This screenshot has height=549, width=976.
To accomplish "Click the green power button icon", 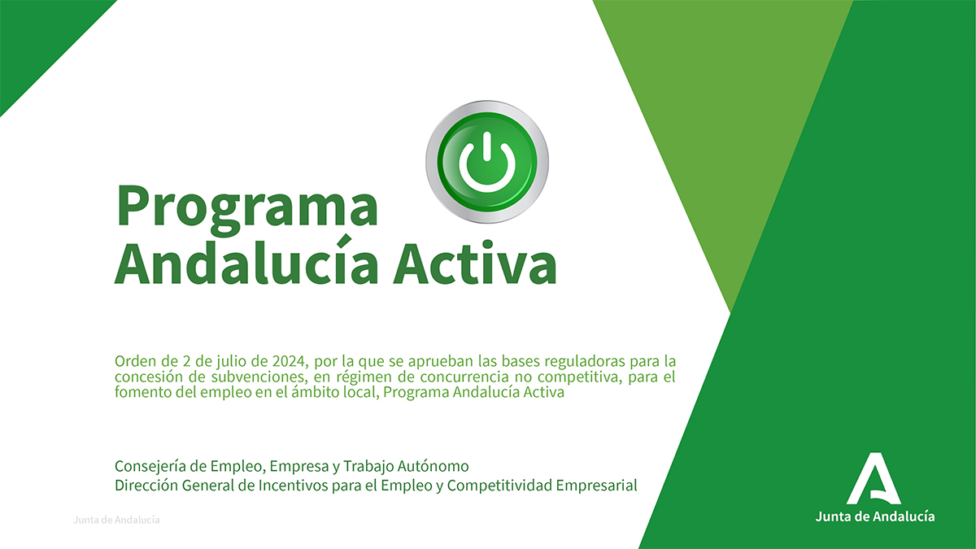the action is point(487,162).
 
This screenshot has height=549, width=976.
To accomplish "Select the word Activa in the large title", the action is point(475,264).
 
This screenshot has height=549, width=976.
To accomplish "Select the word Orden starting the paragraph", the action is point(135,361).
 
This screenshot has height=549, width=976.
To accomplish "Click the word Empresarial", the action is point(596,486).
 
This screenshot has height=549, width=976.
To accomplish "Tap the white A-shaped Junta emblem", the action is point(874,478).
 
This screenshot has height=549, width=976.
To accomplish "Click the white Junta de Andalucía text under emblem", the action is point(875,516).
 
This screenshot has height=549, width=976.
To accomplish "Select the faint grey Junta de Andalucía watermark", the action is point(116,520).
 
